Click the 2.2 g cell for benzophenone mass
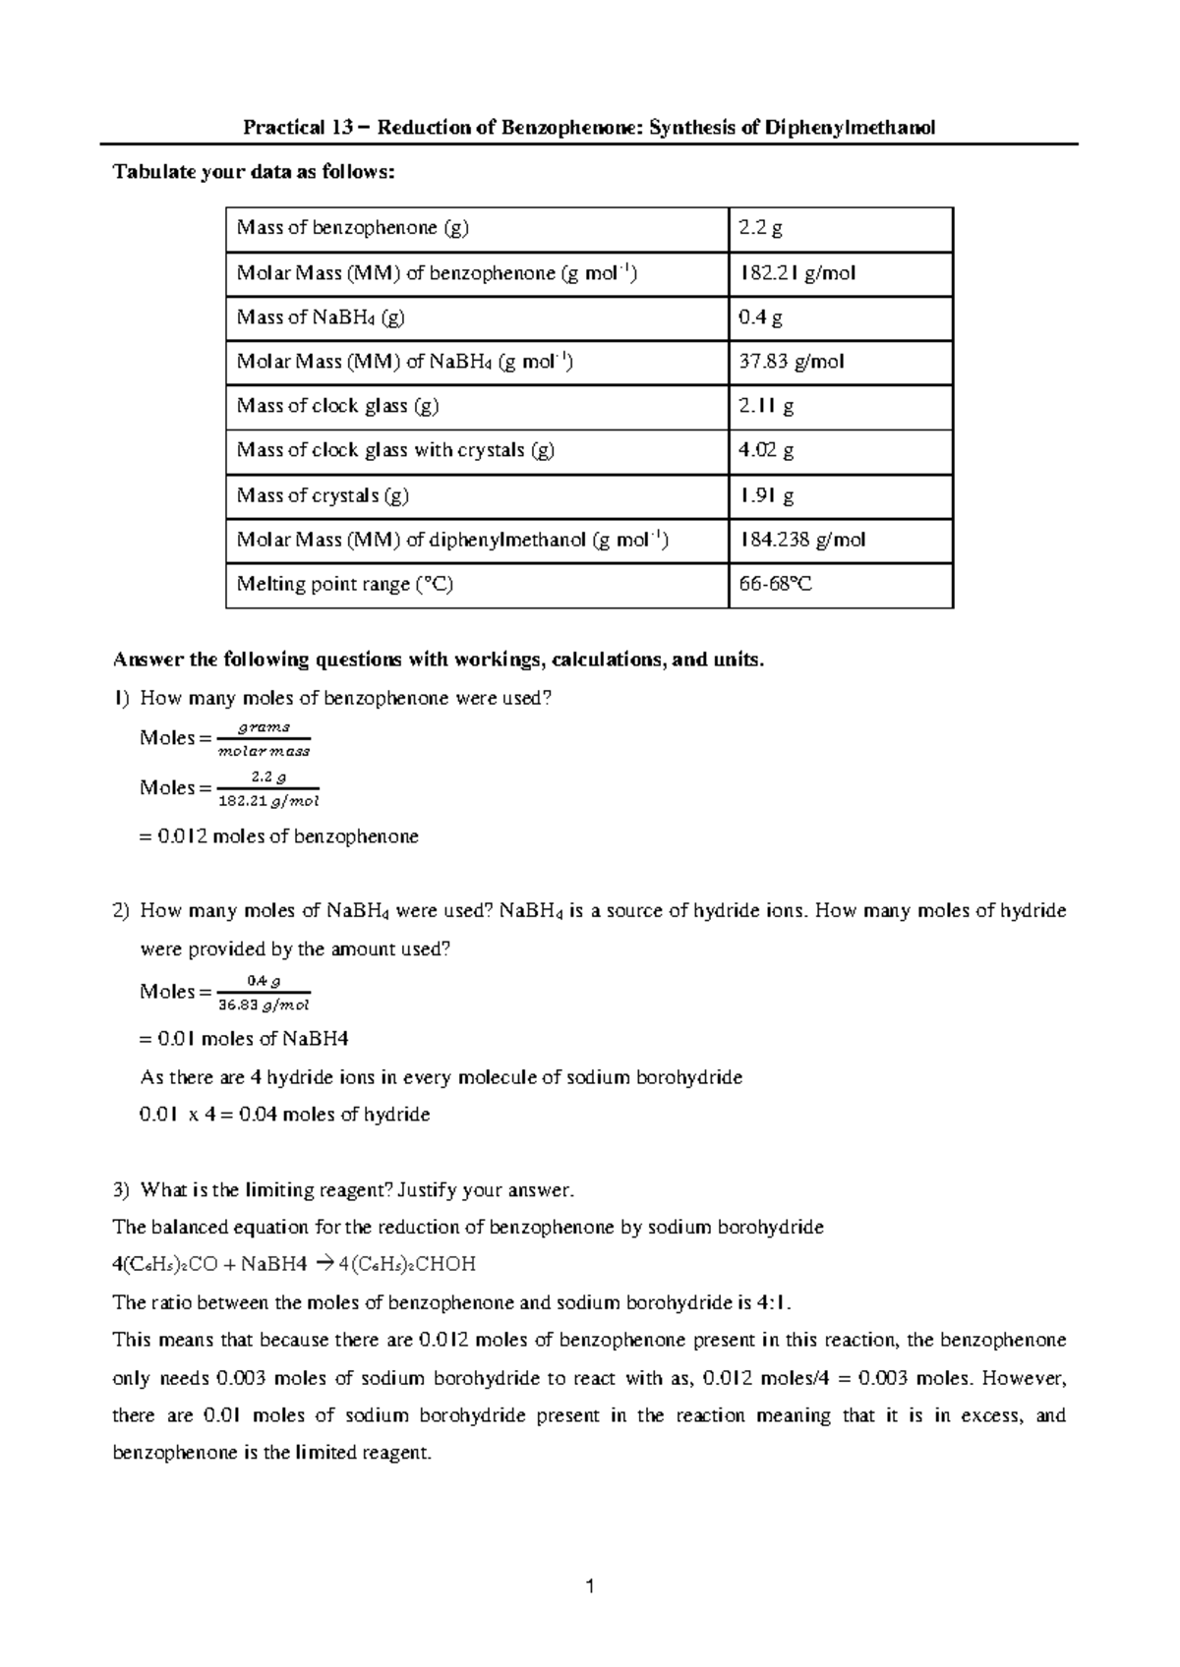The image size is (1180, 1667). pos(761,229)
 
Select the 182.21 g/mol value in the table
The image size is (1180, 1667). pos(796,273)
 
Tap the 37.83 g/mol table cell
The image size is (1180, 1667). pos(791,362)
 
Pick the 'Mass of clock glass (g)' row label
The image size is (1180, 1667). pos(337,406)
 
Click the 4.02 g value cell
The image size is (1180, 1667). pos(766,450)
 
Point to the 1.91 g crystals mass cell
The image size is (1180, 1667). pos(766,495)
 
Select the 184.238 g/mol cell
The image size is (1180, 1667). pos(801,540)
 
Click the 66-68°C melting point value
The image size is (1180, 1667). pos(776,584)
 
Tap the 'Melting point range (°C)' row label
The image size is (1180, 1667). pos(344,584)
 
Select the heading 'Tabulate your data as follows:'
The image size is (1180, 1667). pos(255,173)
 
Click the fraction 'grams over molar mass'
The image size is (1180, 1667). pos(264,739)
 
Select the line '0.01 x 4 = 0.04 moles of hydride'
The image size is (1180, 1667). pos(285,1115)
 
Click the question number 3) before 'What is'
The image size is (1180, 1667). pos(121,1190)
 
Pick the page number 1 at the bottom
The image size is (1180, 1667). pos(590,1585)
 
